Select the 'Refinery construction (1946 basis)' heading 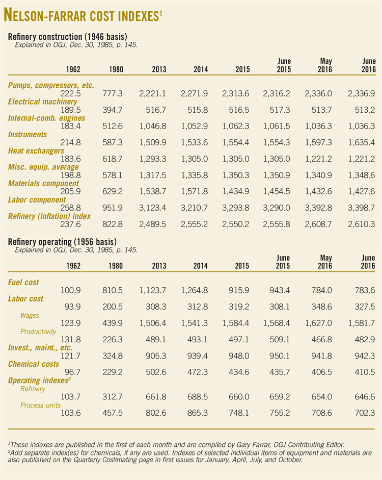[68, 37]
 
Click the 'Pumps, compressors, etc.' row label [51, 85]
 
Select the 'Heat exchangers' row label [36, 151]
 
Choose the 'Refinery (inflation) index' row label [49, 216]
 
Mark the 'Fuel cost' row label [23, 282]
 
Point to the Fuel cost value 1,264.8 [194, 290]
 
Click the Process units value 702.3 [363, 413]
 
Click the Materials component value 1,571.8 [194, 192]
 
